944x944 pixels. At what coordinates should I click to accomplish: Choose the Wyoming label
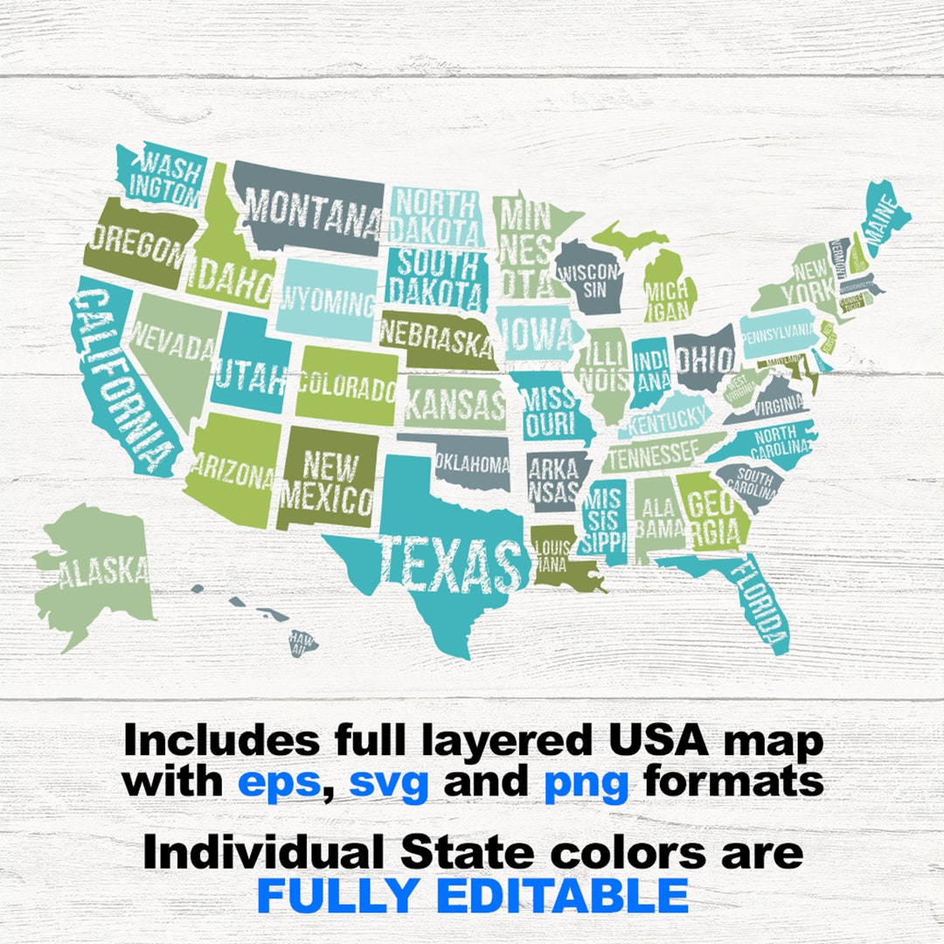point(327,302)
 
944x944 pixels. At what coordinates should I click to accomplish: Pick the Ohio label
point(704,357)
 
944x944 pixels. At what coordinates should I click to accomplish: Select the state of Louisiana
point(559,556)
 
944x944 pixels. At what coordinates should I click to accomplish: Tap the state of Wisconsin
point(589,280)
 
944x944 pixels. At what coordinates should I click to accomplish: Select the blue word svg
point(388,781)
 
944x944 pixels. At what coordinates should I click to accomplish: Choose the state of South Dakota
point(435,276)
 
